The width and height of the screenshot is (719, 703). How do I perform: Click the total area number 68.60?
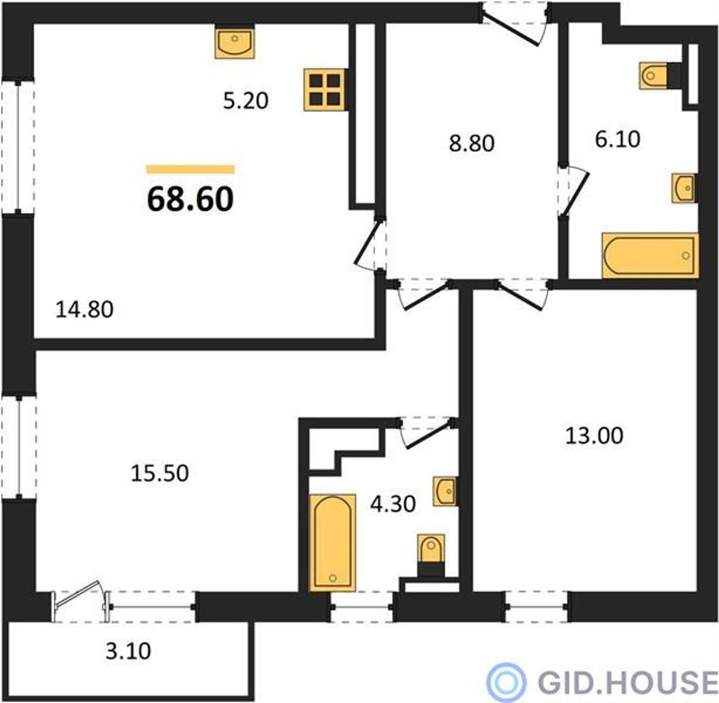tap(190, 199)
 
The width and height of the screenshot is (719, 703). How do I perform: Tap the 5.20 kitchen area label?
tap(245, 101)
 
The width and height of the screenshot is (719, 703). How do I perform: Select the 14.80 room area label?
tap(84, 310)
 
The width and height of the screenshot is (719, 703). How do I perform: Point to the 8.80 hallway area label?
tap(471, 143)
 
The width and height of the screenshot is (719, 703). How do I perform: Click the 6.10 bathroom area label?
tap(617, 139)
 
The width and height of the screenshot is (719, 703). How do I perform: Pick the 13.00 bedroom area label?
tap(594, 436)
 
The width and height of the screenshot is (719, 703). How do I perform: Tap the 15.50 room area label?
tap(160, 473)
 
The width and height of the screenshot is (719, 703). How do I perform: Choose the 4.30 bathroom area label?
tap(393, 504)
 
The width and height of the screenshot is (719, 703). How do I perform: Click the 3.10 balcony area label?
tap(128, 651)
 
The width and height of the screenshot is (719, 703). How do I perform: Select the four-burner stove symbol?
tap(325, 90)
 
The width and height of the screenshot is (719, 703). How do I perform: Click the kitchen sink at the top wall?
tap(235, 43)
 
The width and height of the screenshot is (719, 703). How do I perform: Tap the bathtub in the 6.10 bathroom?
tap(650, 255)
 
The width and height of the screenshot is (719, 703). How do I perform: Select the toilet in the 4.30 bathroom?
tap(431, 556)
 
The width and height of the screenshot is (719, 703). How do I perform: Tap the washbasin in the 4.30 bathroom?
tap(445, 491)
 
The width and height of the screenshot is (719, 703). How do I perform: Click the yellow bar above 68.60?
tap(190, 169)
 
